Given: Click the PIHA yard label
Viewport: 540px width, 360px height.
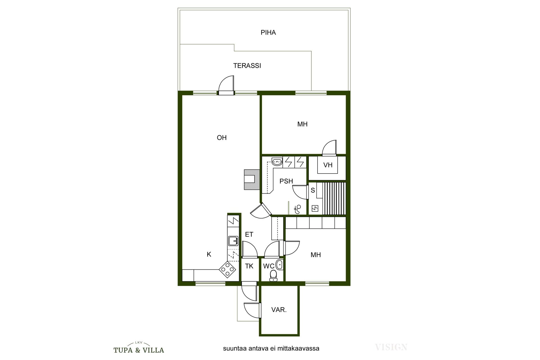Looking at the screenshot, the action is point(268,33).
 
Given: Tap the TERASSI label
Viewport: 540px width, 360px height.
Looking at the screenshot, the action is point(247,66).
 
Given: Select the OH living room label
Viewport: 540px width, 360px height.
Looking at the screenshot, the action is point(222,138).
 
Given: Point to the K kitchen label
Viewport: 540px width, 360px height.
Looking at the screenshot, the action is point(209,255).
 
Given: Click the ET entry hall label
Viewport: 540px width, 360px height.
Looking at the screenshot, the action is point(249,235).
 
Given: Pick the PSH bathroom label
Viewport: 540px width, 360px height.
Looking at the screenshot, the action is point(286,181).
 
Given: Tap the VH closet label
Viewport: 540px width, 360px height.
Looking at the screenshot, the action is point(328,165).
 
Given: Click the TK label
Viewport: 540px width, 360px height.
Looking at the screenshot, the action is point(249,266).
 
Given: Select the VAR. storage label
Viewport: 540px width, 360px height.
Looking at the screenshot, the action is point(279,310).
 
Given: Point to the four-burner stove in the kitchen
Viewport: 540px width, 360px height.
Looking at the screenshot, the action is point(227,269).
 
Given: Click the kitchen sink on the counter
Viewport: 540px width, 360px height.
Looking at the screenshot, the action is point(233,241).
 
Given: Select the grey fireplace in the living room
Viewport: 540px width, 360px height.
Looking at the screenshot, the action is point(251,179).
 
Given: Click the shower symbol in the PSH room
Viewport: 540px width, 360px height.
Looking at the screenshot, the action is point(297,209).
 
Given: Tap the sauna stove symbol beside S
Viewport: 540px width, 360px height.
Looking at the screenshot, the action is point(315,208).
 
